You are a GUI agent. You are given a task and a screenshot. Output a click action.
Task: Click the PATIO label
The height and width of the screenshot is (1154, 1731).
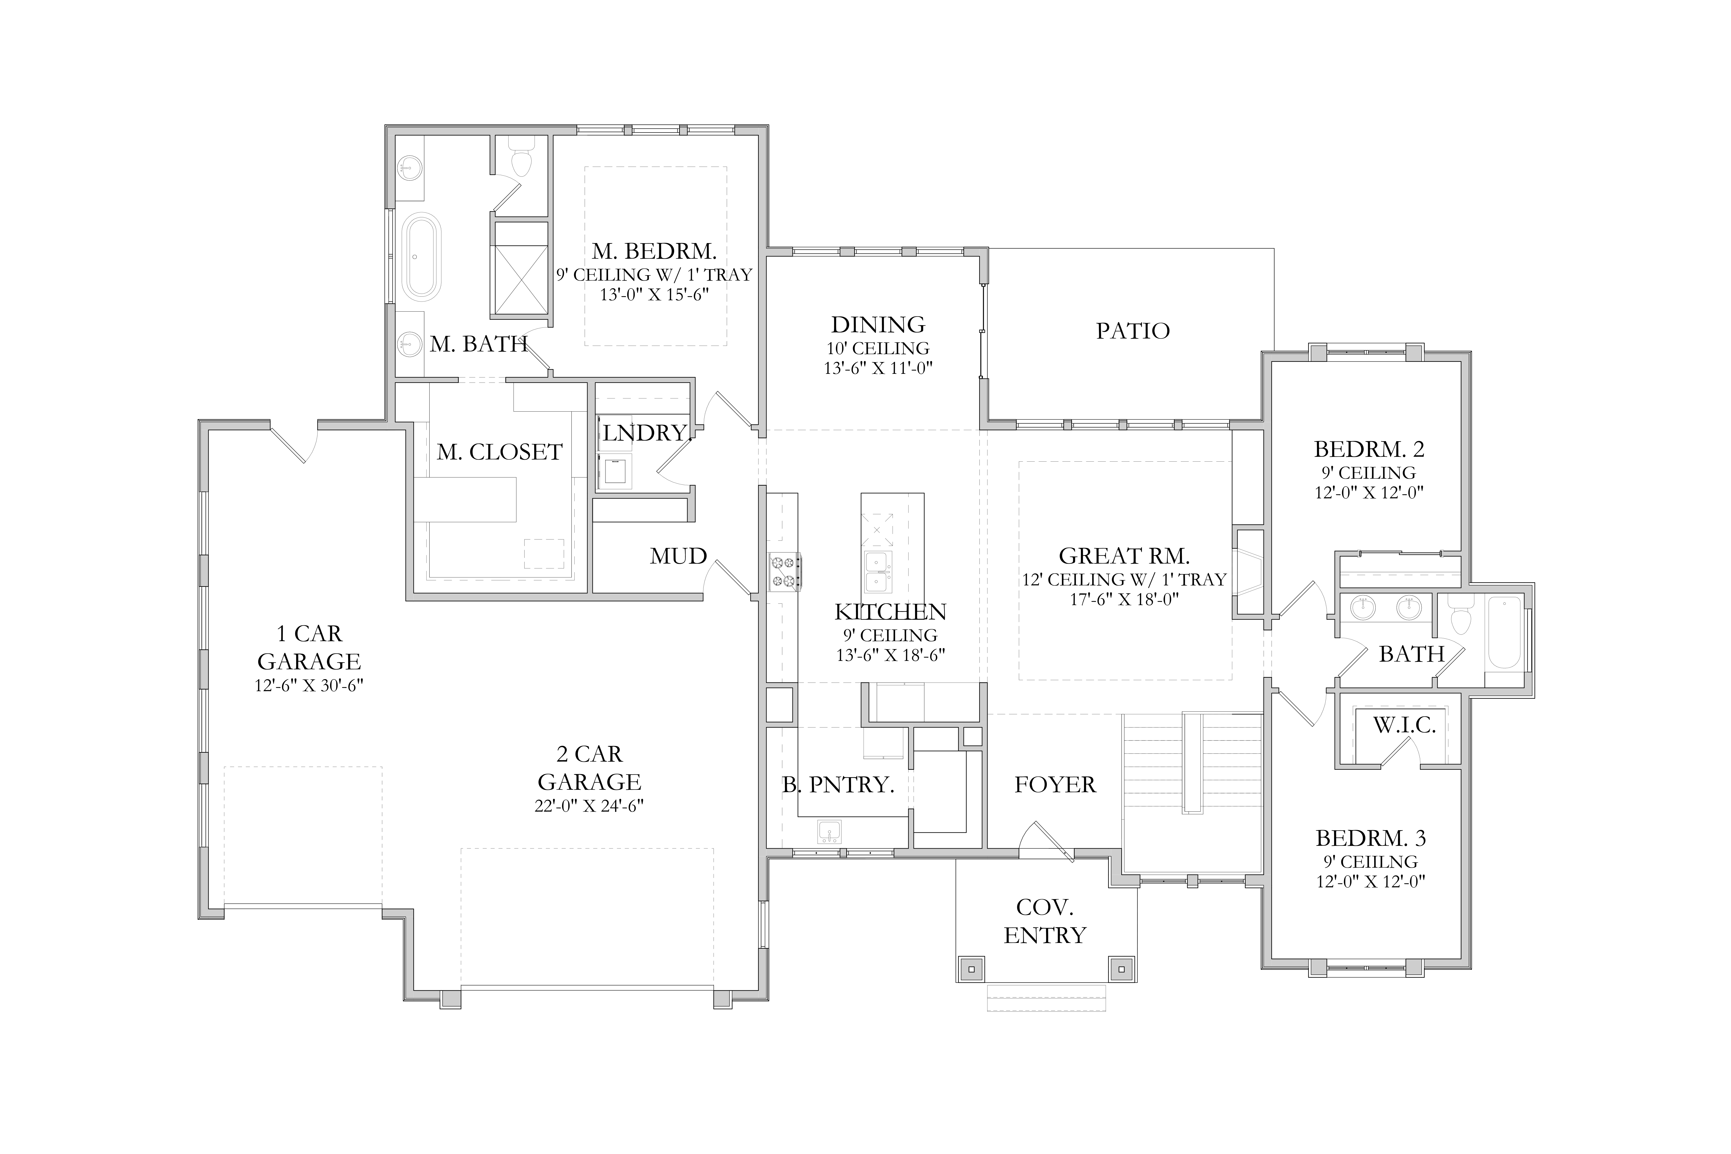1133,331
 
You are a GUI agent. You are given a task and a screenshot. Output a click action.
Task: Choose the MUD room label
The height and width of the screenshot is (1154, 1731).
678,556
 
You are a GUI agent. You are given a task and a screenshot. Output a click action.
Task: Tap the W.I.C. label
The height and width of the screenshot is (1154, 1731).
1404,726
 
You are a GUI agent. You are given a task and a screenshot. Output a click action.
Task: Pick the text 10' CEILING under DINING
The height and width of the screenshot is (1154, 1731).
878,348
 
